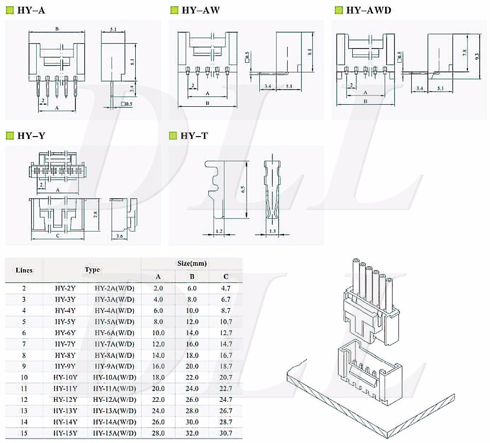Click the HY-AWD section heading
click(x=368, y=10)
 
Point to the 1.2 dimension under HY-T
click(x=219, y=231)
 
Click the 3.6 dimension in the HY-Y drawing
click(x=119, y=237)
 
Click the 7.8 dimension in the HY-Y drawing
click(x=96, y=214)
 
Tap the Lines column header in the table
click(x=24, y=270)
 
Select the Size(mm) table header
click(x=192, y=263)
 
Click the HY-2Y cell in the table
click(x=65, y=288)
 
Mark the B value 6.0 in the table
click(x=193, y=288)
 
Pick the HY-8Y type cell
click(x=65, y=355)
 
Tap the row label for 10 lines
click(x=24, y=377)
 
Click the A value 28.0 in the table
click(x=158, y=433)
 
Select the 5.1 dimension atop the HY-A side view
click(x=113, y=30)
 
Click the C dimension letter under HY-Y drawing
click(x=57, y=236)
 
